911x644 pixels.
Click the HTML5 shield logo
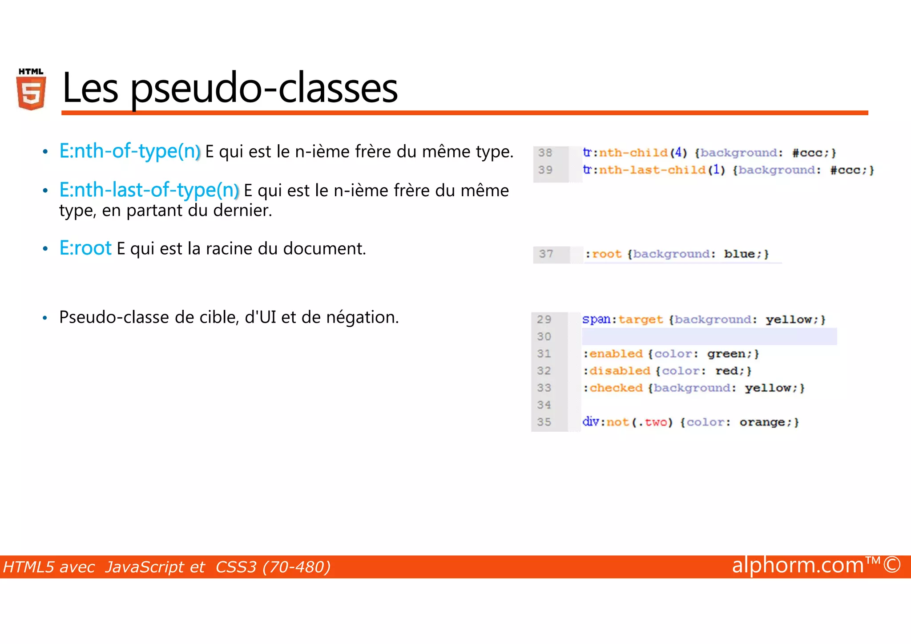(x=31, y=89)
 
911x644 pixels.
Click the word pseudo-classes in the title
(x=264, y=89)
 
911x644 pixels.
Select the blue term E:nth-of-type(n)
(x=130, y=151)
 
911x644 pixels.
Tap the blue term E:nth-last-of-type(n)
(x=149, y=190)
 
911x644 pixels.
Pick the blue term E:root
(x=85, y=248)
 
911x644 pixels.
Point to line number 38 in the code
(x=545, y=153)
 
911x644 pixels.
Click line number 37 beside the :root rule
(x=546, y=254)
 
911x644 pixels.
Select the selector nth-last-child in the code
(x=652, y=170)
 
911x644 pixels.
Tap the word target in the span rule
(x=641, y=320)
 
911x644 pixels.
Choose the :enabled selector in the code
(x=613, y=354)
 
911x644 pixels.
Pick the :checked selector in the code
(x=613, y=388)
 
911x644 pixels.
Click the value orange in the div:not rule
(x=762, y=422)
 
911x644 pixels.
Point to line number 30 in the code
(x=544, y=336)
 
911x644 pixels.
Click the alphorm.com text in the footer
(x=798, y=565)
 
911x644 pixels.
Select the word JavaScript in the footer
(x=155, y=567)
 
